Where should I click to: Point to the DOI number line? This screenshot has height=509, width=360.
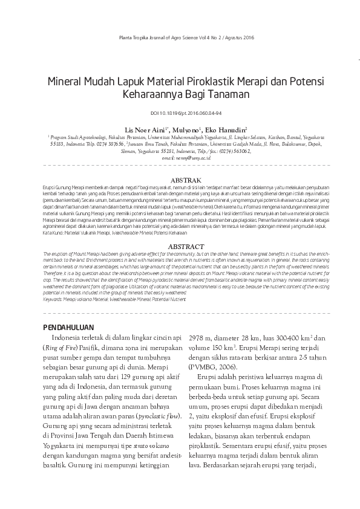click(x=180, y=113)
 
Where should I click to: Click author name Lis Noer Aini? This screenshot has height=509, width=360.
click(x=145, y=129)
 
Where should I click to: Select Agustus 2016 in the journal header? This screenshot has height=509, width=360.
click(x=223, y=38)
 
